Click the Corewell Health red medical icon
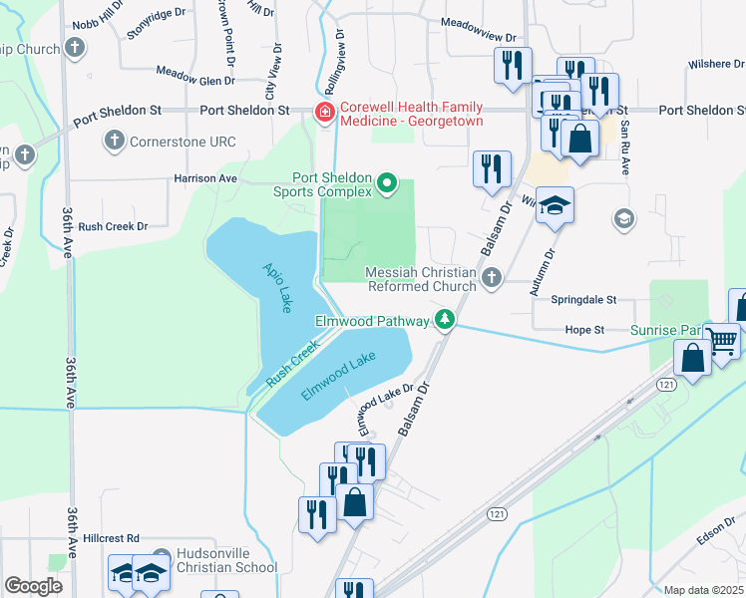tap(324, 113)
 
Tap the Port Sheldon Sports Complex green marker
tap(388, 183)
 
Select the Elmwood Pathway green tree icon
tap(446, 321)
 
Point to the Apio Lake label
tap(278, 287)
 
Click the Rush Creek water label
tap(291, 365)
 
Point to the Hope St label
tap(585, 329)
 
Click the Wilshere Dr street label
tap(715, 64)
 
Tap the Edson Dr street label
tap(715, 536)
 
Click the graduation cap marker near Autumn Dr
tap(555, 205)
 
